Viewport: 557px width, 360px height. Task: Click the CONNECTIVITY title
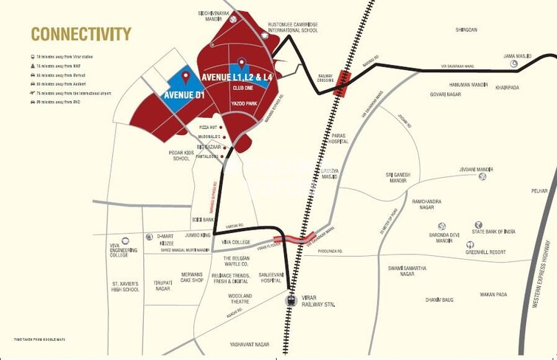81,34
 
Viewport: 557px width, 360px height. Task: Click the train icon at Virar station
290,300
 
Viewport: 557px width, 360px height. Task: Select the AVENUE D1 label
184,94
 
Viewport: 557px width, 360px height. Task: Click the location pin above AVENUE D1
185,77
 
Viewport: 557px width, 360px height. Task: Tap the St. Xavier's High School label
125,286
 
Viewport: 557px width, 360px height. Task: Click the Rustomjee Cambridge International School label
293,27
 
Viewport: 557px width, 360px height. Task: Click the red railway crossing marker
342,83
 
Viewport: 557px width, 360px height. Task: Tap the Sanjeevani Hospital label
271,278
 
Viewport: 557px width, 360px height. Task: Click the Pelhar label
539,190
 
